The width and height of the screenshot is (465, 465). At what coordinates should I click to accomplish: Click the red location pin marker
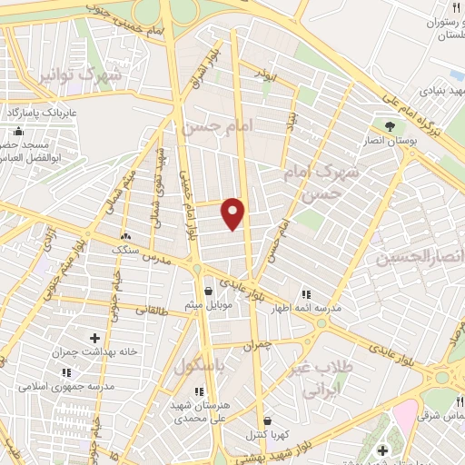pyautogui.click(x=233, y=213)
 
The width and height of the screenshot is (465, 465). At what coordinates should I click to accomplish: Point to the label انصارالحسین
pyautogui.click(x=420, y=258)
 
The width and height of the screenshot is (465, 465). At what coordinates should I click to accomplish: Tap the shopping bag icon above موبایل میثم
pyautogui.click(x=210, y=291)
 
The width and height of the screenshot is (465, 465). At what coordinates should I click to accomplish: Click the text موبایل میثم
pyautogui.click(x=210, y=304)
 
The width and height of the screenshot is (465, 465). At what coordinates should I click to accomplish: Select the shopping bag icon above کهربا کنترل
pyautogui.click(x=267, y=421)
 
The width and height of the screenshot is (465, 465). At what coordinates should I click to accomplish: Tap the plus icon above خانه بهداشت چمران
pyautogui.click(x=94, y=338)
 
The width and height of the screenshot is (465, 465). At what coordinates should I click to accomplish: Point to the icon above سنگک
pyautogui.click(x=124, y=236)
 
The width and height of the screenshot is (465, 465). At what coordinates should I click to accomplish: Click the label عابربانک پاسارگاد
pyautogui.click(x=44, y=111)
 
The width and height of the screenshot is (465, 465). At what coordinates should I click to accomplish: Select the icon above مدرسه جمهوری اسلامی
pyautogui.click(x=65, y=372)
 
